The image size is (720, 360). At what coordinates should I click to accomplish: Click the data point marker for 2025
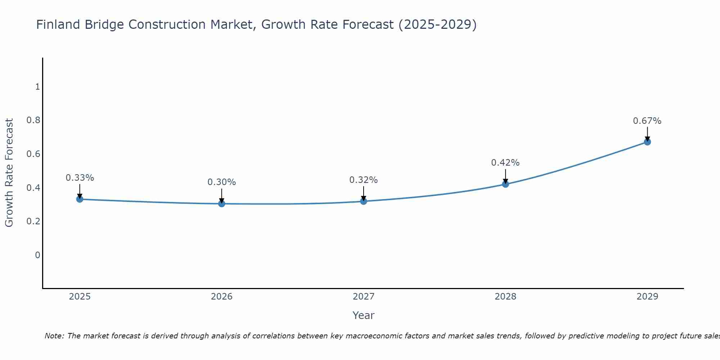click(x=80, y=199)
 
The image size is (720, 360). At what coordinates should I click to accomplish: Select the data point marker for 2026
click(x=222, y=204)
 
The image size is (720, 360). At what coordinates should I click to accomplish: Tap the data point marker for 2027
click(x=364, y=201)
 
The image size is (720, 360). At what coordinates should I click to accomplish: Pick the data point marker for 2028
click(x=505, y=184)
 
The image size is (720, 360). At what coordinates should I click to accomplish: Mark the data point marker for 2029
click(x=647, y=142)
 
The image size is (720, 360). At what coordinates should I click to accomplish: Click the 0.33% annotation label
click(x=80, y=177)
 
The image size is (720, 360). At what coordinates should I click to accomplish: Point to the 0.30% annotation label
click(x=222, y=182)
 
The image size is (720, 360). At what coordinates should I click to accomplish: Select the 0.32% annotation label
click(x=364, y=180)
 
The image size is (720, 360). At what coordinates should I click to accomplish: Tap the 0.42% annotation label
click(x=505, y=163)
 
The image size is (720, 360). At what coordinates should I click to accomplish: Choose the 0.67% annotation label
click(x=647, y=121)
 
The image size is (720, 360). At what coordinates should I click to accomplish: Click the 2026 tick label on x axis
click(x=222, y=297)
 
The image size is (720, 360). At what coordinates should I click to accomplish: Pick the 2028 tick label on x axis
click(x=505, y=297)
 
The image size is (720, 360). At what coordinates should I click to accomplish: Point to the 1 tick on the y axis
click(x=37, y=87)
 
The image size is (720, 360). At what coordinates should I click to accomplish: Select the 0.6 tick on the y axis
click(x=33, y=154)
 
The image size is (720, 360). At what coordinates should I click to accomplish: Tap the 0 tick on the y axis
click(x=37, y=255)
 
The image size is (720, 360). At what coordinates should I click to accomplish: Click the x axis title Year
click(x=364, y=315)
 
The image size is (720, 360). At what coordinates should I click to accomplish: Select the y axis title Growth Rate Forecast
click(x=9, y=173)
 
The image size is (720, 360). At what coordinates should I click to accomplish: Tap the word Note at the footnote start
click(x=54, y=336)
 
